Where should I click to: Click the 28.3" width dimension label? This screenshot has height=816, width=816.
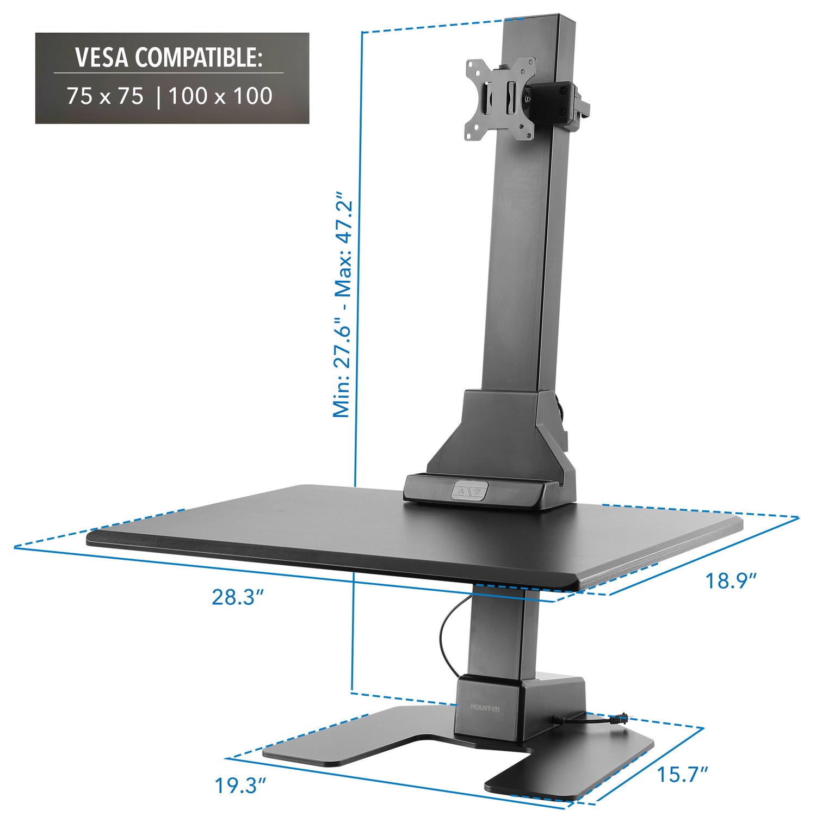(238, 597)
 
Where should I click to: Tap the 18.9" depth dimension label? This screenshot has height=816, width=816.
(731, 580)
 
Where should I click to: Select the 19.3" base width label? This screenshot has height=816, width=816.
(240, 786)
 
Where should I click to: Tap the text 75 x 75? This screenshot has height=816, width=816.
(106, 96)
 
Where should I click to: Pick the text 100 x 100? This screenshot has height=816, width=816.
(220, 96)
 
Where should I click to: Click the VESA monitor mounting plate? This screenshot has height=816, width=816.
(499, 98)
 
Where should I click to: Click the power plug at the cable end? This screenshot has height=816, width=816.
(620, 719)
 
